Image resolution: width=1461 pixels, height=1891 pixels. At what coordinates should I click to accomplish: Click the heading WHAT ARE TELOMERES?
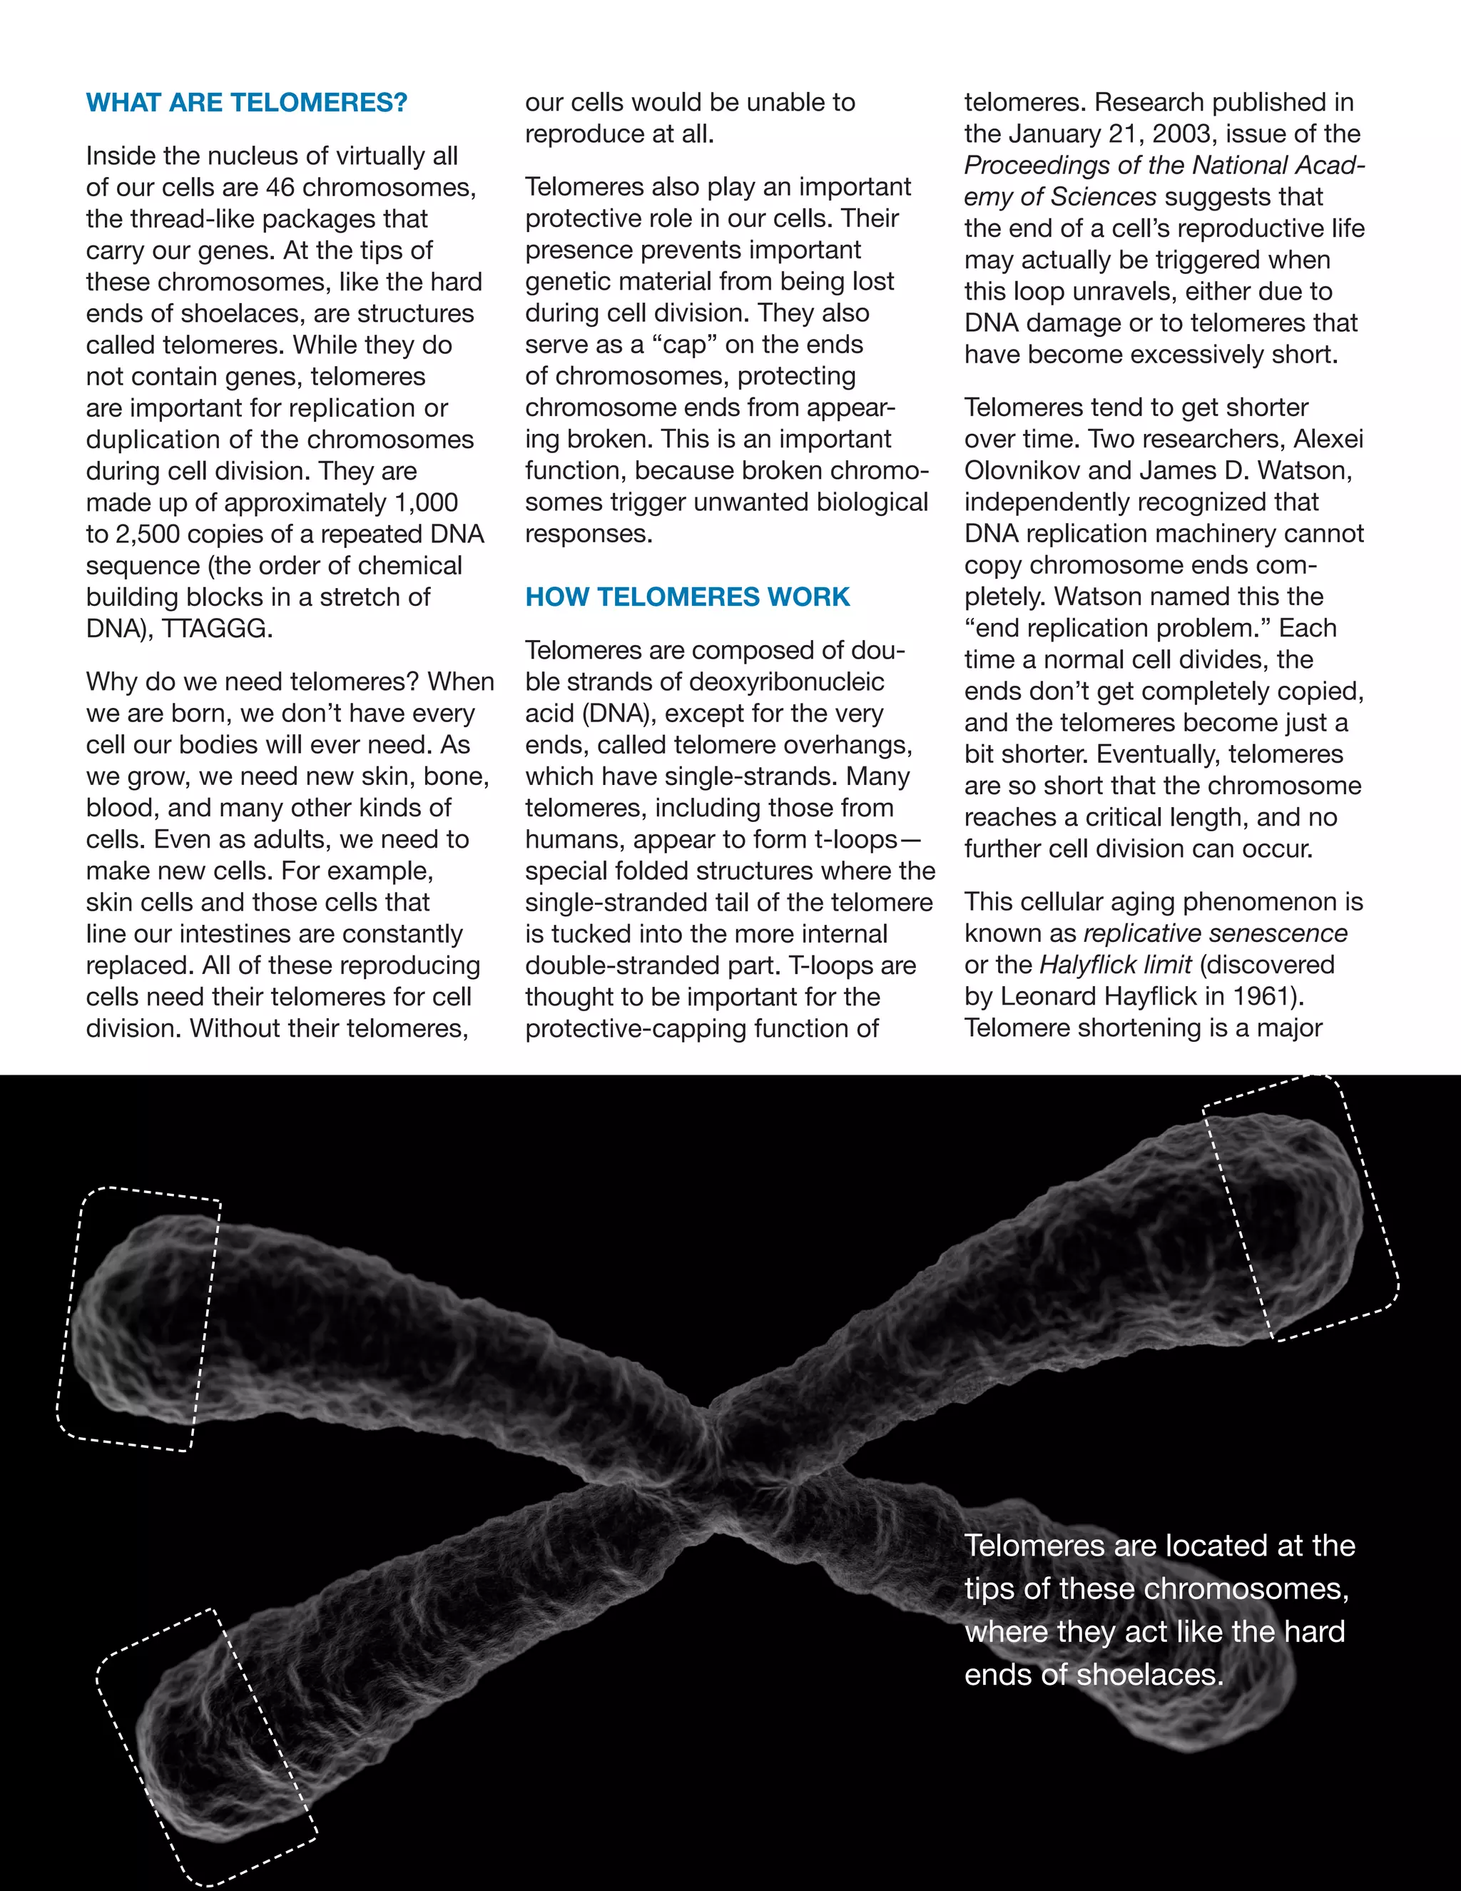[x=247, y=103]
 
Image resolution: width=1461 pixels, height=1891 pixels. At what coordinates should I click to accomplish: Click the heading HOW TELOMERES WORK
[x=687, y=597]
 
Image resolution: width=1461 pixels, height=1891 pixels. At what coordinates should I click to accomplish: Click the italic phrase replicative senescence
[x=1215, y=933]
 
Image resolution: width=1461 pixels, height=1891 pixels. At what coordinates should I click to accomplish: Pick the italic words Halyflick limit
[x=1116, y=965]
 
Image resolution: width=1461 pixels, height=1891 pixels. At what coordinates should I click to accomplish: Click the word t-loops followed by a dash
[x=855, y=840]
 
